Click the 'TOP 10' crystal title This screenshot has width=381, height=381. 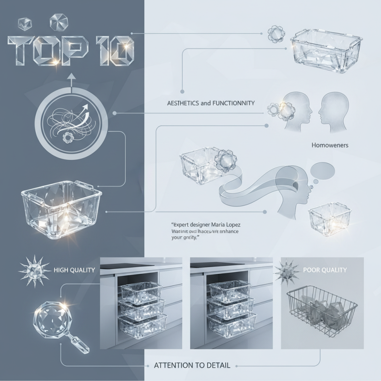tap(70, 50)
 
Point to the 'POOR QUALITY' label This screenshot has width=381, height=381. tap(325, 270)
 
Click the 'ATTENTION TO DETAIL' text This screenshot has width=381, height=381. tap(192, 365)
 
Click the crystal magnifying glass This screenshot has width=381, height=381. tap(53, 319)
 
